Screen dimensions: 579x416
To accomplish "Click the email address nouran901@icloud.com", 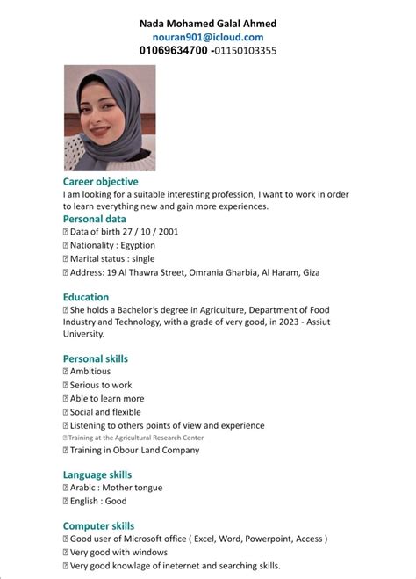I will [207, 37].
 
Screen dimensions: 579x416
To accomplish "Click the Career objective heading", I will [101, 179].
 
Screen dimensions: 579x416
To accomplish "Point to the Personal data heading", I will [95, 219].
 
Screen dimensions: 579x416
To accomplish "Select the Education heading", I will [86, 297].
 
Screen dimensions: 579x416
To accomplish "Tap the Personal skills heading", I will [96, 358].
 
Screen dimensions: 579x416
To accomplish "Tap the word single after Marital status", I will [142, 259].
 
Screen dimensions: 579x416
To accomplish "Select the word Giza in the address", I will [310, 273].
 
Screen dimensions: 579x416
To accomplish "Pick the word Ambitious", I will [91, 372].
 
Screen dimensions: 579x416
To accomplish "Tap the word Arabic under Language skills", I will [84, 488].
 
